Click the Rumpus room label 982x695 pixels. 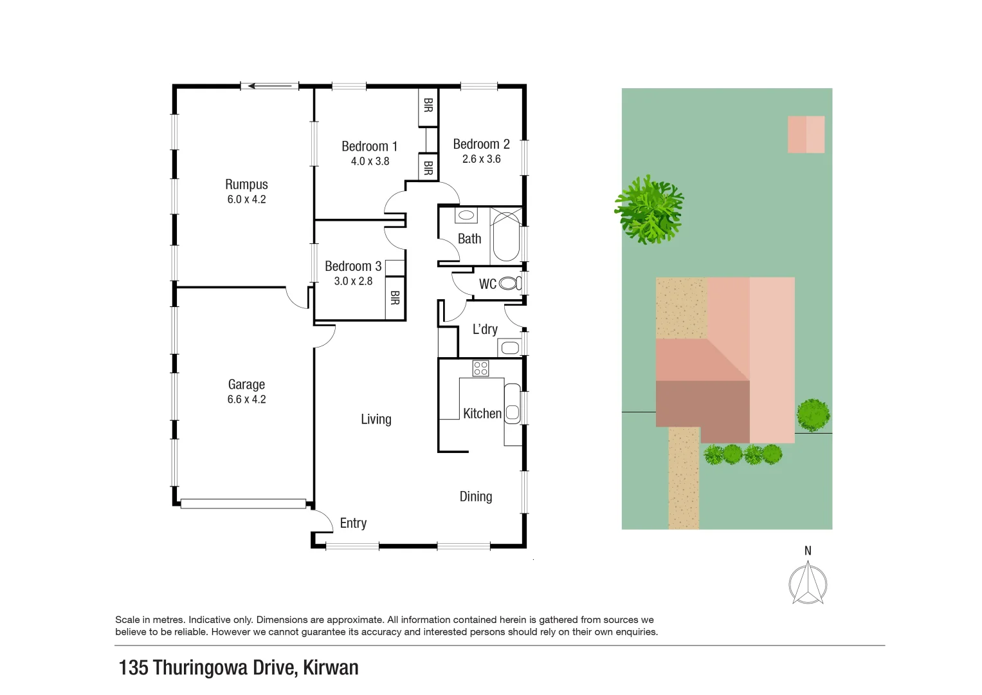(x=246, y=185)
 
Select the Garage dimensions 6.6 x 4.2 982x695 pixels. (x=246, y=400)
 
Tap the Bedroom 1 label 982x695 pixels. (x=369, y=147)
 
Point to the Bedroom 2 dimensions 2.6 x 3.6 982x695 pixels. (x=481, y=159)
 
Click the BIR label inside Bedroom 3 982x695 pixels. (x=395, y=298)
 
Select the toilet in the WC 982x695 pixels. (x=509, y=283)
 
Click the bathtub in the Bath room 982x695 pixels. (x=506, y=236)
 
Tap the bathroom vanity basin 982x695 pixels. (x=466, y=215)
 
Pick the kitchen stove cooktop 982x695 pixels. (x=480, y=368)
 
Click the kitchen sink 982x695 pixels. (x=513, y=412)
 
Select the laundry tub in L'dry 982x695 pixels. (x=510, y=348)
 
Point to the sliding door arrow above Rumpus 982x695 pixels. (x=270, y=86)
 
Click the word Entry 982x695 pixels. (x=353, y=523)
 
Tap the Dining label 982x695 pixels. (x=476, y=496)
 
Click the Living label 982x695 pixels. (x=376, y=420)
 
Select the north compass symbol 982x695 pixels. (x=808, y=582)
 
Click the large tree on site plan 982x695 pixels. (x=649, y=210)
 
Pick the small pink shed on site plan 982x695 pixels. (x=806, y=134)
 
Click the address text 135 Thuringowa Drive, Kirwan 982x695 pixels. (x=239, y=667)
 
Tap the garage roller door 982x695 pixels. (x=243, y=504)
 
